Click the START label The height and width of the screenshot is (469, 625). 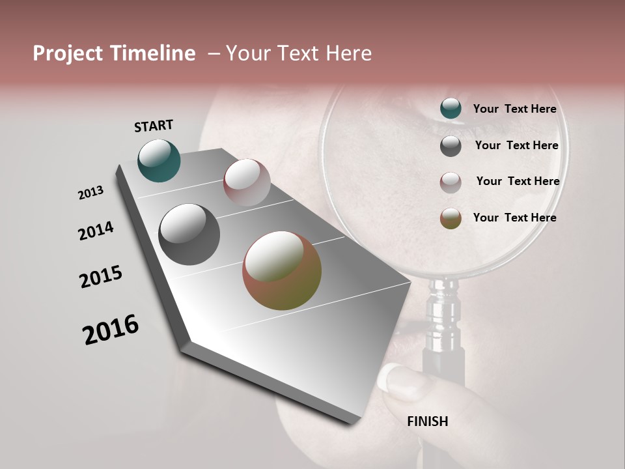point(154,125)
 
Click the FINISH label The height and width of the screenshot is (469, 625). point(428,421)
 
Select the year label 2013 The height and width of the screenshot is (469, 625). point(90,193)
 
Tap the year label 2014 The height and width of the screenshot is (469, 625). point(96,231)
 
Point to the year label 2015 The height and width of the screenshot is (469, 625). point(101,277)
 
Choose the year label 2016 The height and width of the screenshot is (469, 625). point(111,330)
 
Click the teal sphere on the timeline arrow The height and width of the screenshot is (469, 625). point(159,160)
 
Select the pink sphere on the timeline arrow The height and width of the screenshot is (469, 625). point(247,182)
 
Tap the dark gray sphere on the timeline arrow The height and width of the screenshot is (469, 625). point(189,234)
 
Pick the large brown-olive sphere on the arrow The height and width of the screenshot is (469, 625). point(282,270)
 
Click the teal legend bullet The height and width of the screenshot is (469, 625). point(451,109)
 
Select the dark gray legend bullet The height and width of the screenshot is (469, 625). point(451,146)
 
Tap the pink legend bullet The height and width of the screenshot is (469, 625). point(451,182)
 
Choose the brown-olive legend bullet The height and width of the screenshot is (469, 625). point(451,218)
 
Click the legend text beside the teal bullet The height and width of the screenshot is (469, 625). point(514,109)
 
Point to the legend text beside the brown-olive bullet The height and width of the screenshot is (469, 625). point(514,218)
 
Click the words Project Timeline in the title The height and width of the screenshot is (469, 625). point(114,53)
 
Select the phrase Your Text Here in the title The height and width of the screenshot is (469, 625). point(299,53)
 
